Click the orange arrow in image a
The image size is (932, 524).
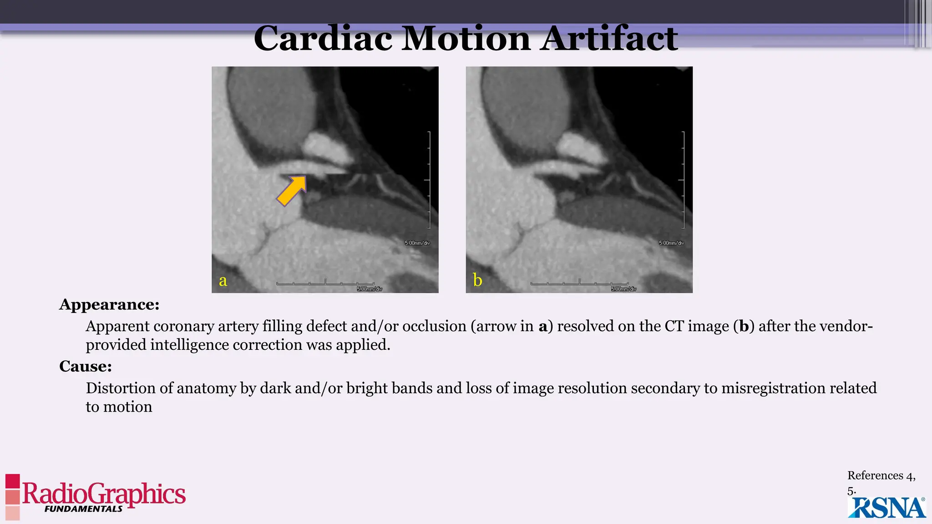(x=292, y=191)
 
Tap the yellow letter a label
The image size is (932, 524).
(x=223, y=280)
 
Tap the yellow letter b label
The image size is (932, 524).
(x=477, y=280)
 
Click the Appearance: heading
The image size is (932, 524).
(x=109, y=304)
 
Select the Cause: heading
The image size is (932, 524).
(x=86, y=366)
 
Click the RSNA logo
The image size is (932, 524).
(x=886, y=508)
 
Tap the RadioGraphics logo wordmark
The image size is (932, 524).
(x=104, y=493)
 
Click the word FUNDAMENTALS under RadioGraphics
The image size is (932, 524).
(x=83, y=509)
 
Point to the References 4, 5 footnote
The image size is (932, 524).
(x=881, y=482)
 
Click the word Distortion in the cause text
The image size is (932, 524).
(x=121, y=388)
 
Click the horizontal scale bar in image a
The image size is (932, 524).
(x=325, y=283)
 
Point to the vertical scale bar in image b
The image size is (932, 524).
(x=683, y=180)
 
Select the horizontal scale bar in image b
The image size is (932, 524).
(x=579, y=283)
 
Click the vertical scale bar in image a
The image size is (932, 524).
(x=429, y=180)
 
